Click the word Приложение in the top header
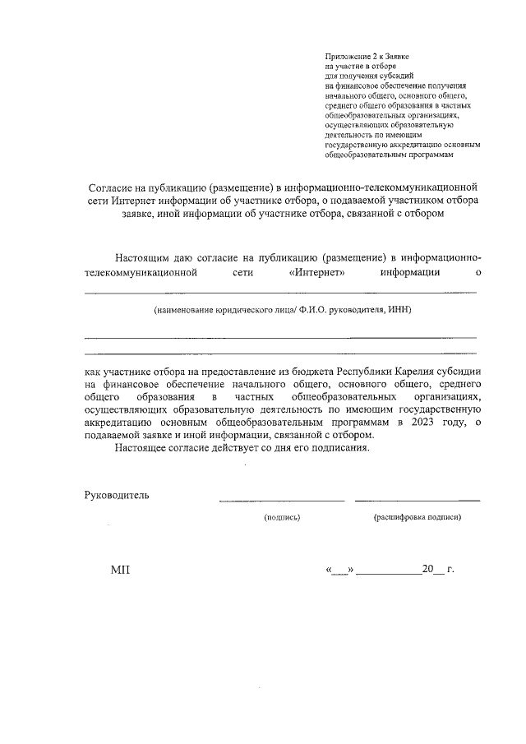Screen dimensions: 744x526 pyautogui.click(x=346, y=56)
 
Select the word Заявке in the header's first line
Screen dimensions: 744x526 pyautogui.click(x=396, y=56)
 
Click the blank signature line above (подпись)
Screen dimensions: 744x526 pyautogui.click(x=281, y=500)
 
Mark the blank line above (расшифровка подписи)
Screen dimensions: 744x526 pyautogui.click(x=418, y=500)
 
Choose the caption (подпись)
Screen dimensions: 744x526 pyautogui.click(x=282, y=518)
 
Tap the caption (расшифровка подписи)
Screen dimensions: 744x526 pyautogui.click(x=418, y=518)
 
